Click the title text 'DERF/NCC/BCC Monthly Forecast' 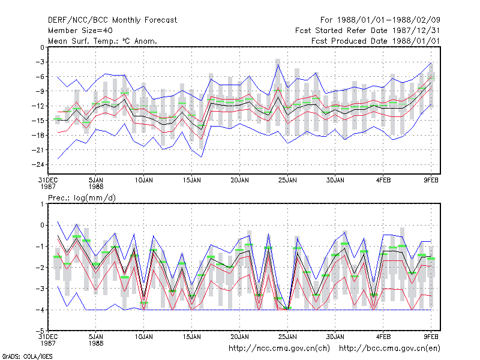112,20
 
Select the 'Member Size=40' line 80,31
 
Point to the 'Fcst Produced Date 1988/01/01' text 376,41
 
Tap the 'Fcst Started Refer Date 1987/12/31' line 368,31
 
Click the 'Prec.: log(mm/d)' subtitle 82,198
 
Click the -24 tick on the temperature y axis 38,164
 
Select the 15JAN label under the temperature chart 191,181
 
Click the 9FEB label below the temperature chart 431,181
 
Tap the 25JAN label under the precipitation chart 287,337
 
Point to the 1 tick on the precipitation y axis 42,204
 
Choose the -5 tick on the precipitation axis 40,331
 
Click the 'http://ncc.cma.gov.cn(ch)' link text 279,349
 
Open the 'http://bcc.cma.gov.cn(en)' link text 389,349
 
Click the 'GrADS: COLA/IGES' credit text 27,356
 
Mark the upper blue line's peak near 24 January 278,65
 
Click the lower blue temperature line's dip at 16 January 202,157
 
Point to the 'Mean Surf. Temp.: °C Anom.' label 102,41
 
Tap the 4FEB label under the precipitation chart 383,337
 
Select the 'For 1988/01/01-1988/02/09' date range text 380,20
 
